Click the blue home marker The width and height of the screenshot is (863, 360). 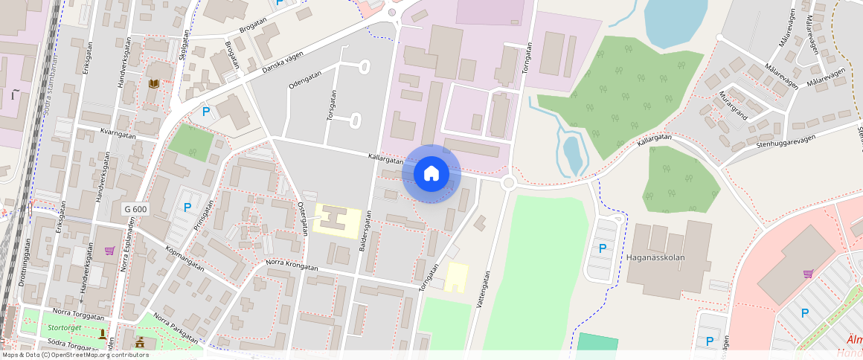[431, 174]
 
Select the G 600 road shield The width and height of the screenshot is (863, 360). [135, 210]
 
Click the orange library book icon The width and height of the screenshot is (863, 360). [153, 84]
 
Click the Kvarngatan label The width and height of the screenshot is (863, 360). [118, 135]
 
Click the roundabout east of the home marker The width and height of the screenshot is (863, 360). [509, 182]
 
